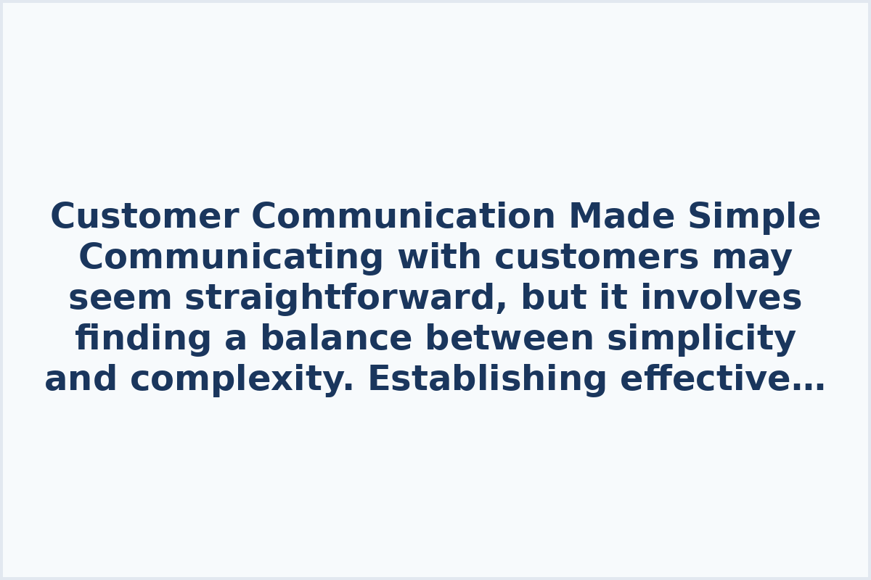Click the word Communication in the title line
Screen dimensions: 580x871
tap(404, 217)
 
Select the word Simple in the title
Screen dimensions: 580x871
tap(754, 217)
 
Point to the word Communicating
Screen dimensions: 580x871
tap(231, 257)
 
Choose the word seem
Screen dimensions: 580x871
tap(120, 298)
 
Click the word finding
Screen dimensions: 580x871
tap(144, 339)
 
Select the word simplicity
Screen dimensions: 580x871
tap(701, 339)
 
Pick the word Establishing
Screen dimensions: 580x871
tap(487, 379)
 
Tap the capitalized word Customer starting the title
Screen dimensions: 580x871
tap(144, 217)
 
